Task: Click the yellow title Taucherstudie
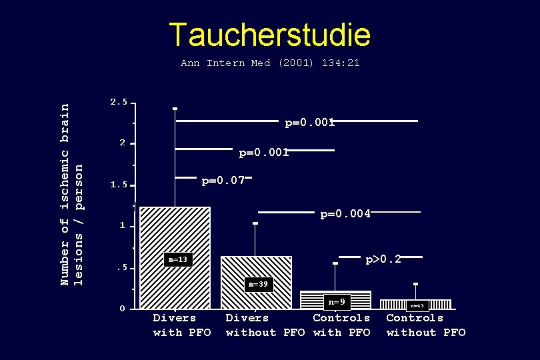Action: click(x=269, y=35)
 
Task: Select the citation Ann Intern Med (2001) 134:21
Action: click(x=270, y=63)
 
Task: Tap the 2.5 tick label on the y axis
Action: click(x=119, y=102)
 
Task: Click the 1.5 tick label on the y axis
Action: click(x=119, y=185)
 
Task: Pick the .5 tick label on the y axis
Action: click(x=121, y=268)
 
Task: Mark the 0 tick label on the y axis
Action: click(x=122, y=309)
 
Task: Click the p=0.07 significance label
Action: click(x=223, y=180)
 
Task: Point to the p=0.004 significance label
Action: click(x=345, y=214)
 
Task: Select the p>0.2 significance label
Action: click(x=383, y=259)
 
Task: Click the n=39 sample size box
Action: click(x=258, y=285)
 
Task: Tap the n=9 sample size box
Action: click(x=337, y=302)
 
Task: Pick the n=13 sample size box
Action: click(x=178, y=259)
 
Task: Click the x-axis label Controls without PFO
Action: click(x=425, y=325)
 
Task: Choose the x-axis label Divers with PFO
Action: click(x=182, y=325)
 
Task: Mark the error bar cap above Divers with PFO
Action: click(x=175, y=108)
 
